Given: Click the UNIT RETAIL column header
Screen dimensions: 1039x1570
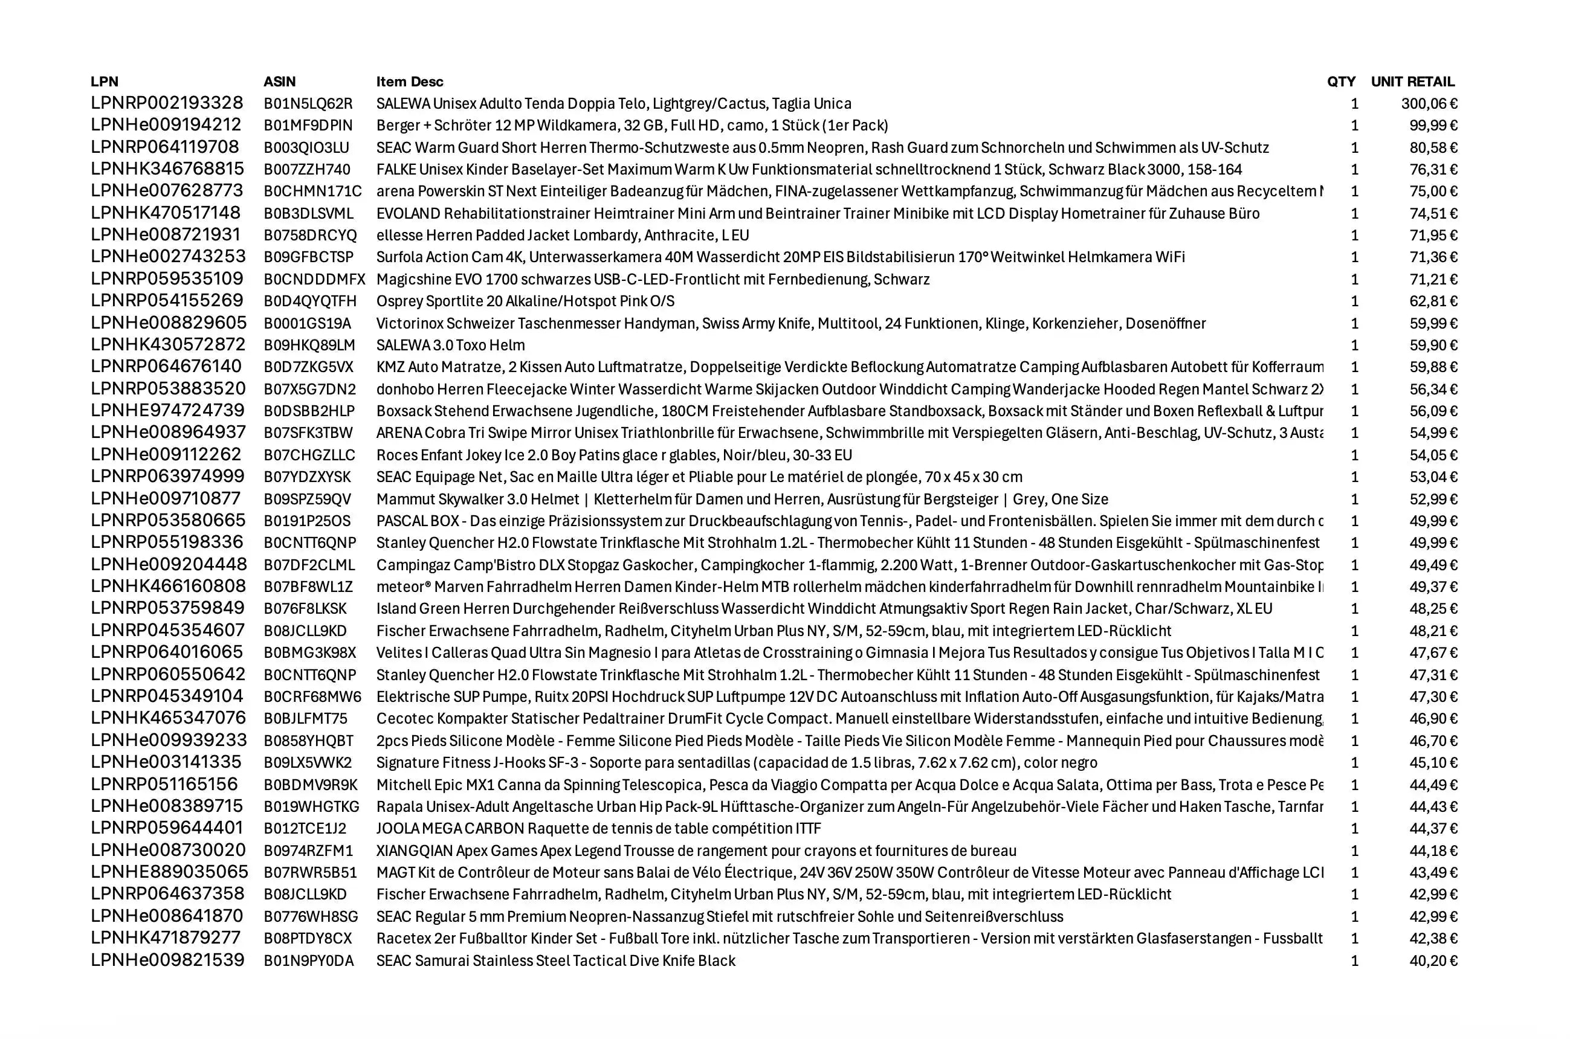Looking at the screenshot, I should (1412, 82).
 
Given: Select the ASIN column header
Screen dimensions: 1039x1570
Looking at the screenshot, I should (279, 82).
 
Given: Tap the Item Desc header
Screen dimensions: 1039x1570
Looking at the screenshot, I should (409, 82).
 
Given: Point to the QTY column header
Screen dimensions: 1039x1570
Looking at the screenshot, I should (1341, 82).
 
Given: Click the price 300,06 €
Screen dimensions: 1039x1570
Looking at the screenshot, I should (1429, 103).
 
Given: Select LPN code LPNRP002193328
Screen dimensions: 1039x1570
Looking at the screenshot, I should (167, 103).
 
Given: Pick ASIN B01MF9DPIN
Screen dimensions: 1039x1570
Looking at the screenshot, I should (308, 125).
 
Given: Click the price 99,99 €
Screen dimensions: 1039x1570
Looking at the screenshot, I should (1433, 125).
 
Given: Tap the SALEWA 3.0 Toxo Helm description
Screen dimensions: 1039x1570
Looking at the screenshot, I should (450, 346).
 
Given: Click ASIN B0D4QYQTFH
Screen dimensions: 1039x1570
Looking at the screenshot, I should (309, 301).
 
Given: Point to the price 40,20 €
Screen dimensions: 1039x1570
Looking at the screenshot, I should (1433, 961).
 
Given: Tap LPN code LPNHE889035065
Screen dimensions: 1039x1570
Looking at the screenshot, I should (169, 872).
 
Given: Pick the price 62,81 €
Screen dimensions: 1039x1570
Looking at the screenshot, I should (1433, 301).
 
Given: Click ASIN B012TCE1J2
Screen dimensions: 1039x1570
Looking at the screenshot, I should (304, 828).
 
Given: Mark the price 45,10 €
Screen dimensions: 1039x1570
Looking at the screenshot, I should (1433, 763).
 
